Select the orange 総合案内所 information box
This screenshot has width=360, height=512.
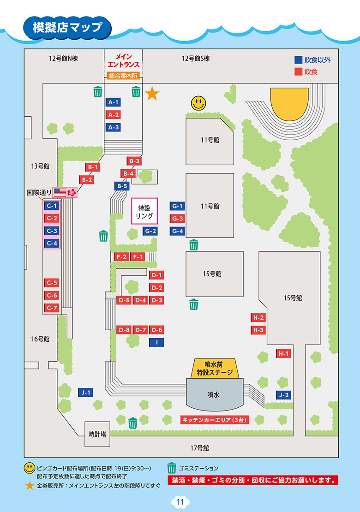(x=123, y=76)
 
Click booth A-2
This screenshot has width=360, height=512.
(x=114, y=115)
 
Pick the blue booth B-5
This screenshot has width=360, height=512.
(x=122, y=186)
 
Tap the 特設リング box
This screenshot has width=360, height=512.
(x=144, y=211)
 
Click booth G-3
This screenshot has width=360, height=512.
(x=178, y=219)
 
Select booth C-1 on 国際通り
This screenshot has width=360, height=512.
(x=52, y=206)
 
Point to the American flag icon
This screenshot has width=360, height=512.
(x=60, y=192)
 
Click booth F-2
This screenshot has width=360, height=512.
(x=122, y=256)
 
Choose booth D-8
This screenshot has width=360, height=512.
(x=124, y=330)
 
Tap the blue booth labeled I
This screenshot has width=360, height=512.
(x=157, y=342)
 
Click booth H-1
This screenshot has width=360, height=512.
(x=283, y=354)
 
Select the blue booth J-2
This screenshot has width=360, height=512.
(x=283, y=395)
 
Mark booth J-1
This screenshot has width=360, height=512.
(x=86, y=393)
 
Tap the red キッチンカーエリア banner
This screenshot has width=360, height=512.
(x=214, y=420)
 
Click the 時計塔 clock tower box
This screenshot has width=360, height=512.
(x=97, y=434)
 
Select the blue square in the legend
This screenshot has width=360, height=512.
(x=298, y=60)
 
